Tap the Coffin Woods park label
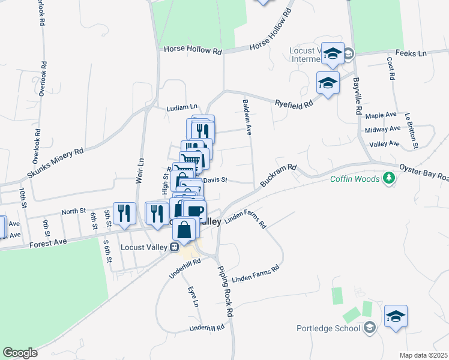tap(355, 179)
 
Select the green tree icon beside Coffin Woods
tap(389, 178)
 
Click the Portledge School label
tap(330, 328)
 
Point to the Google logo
tap(20, 353)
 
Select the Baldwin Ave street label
tap(246, 118)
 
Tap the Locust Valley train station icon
tap(175, 247)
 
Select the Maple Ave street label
tap(381, 115)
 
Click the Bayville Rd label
tap(356, 96)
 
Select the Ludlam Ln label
tap(182, 108)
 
